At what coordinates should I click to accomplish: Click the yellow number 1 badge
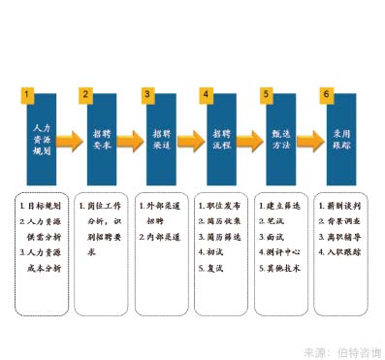coord(28,95)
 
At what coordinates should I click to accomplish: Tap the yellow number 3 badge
coord(146,95)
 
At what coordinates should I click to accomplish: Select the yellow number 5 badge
coord(266,95)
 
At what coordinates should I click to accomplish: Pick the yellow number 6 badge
coord(326,95)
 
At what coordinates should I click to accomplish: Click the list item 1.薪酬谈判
coord(340,207)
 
